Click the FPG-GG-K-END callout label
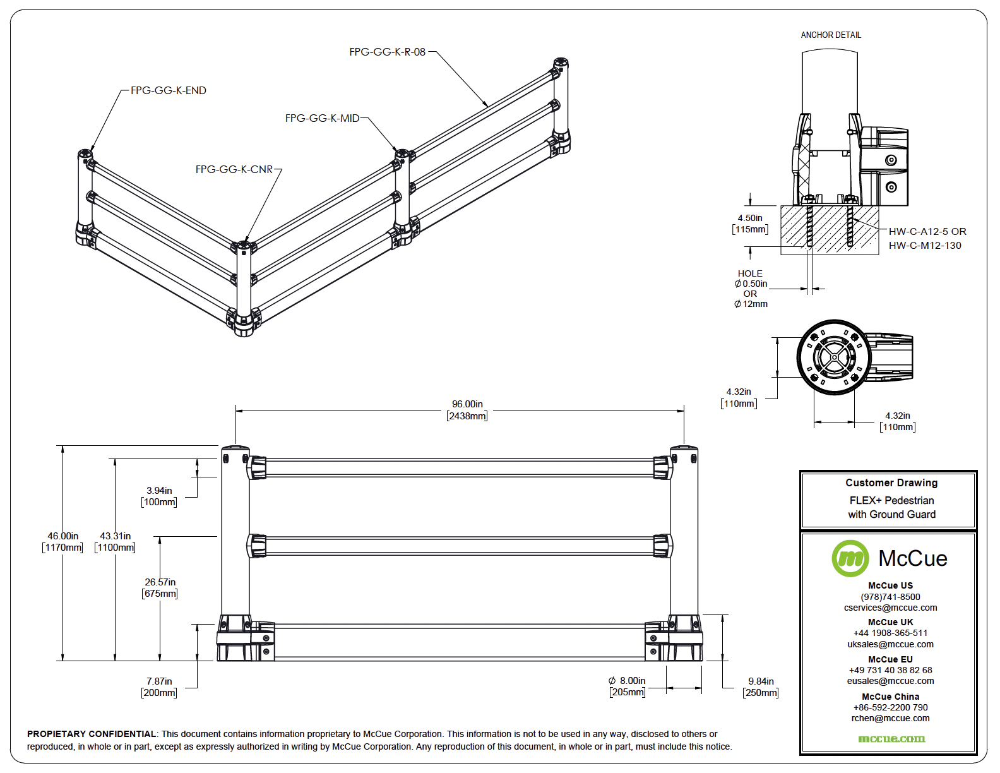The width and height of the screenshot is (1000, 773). (168, 90)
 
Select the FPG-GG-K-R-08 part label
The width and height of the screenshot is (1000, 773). (387, 52)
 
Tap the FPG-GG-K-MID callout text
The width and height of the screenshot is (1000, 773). (322, 118)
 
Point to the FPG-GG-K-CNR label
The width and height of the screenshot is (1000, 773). (234, 169)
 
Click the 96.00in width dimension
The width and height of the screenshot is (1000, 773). (467, 404)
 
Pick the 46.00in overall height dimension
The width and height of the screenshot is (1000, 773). (62, 536)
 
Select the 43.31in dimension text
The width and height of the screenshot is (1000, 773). (115, 536)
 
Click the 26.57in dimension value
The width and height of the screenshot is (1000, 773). (160, 582)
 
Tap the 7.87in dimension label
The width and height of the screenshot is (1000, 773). (159, 681)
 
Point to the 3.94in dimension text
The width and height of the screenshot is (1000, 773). (159, 491)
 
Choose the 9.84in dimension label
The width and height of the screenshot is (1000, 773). (761, 681)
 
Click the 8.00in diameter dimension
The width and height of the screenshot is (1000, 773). (628, 681)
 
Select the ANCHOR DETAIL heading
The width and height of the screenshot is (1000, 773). (831, 35)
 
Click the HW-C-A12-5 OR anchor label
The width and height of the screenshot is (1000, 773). (927, 232)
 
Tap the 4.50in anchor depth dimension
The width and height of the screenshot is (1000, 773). (750, 218)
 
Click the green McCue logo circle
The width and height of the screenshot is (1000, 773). (850, 558)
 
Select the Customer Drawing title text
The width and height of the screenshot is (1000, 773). (891, 483)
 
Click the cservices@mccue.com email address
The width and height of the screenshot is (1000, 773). (890, 608)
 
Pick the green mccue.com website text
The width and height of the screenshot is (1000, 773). (891, 738)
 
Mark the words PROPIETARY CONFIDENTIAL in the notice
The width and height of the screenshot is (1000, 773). (92, 734)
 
